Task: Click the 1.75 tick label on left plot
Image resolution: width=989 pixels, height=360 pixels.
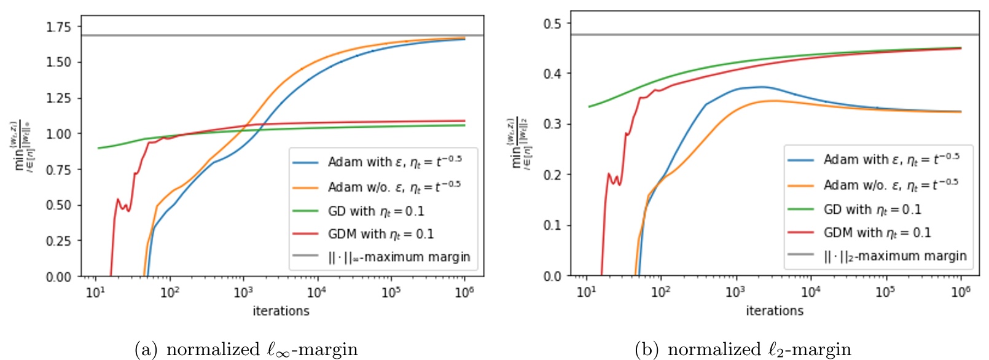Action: point(59,27)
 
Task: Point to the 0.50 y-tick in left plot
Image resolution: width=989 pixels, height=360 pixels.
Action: point(59,205)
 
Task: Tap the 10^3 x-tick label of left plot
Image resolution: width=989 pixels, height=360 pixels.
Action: point(243,292)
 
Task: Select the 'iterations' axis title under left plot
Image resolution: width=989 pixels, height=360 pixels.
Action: point(281,311)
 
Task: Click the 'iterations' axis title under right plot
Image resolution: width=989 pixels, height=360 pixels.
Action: point(775,311)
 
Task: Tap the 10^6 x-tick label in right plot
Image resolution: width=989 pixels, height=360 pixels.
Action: point(961,292)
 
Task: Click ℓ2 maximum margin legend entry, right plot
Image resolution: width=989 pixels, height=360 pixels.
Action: point(895,256)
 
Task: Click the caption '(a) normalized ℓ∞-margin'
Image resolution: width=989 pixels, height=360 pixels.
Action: point(246,350)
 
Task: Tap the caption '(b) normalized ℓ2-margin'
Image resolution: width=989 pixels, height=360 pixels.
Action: point(743,350)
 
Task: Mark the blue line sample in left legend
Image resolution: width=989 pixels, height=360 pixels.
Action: point(305,163)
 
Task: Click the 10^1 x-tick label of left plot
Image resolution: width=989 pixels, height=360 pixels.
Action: point(95,292)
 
